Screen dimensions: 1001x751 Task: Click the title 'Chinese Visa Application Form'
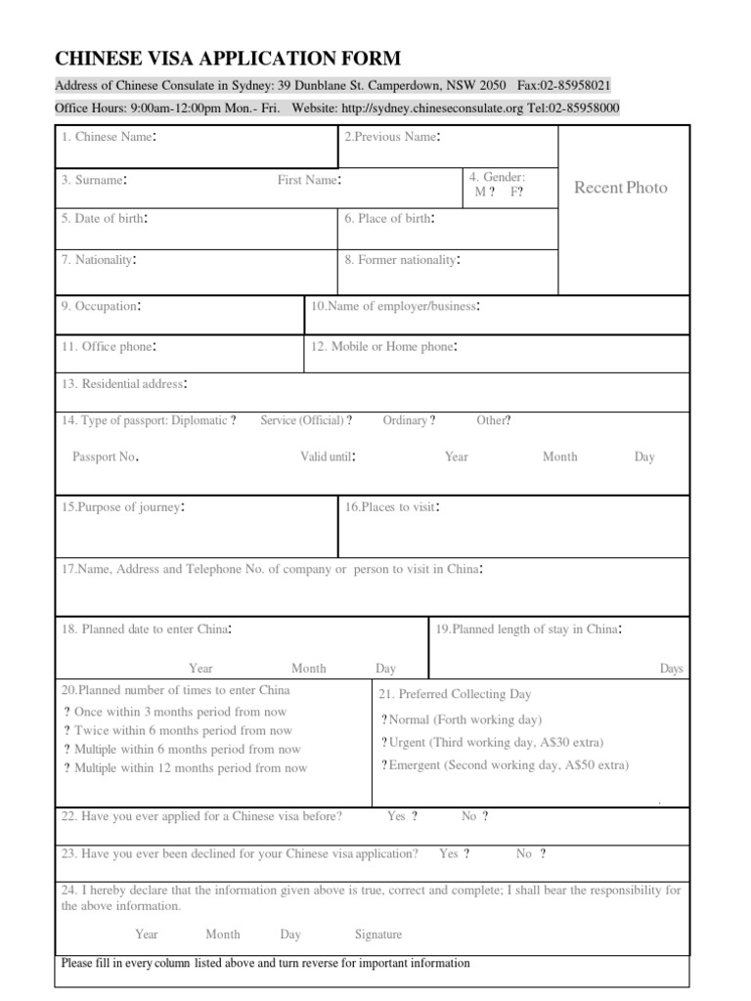(227, 58)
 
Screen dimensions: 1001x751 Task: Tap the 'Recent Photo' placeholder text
(620, 187)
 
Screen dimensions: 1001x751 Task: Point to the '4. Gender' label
(497, 177)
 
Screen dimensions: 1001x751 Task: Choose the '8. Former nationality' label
(402, 260)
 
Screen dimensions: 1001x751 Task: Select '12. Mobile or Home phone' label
(384, 347)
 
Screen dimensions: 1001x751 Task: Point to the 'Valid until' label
(328, 457)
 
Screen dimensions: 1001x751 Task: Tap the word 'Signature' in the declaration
(378, 935)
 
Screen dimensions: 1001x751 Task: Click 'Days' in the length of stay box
(671, 669)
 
